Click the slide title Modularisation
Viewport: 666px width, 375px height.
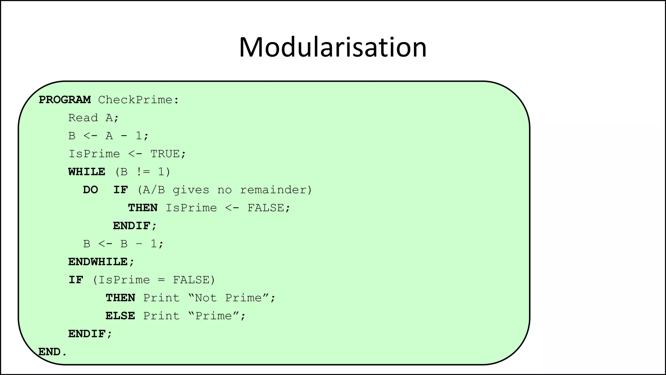coord(332,48)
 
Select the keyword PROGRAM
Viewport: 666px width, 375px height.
coord(65,100)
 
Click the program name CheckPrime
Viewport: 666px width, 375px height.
coord(135,100)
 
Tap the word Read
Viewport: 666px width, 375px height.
coord(83,118)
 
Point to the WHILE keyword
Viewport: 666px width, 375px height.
coord(87,172)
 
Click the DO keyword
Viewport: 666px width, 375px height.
coord(90,190)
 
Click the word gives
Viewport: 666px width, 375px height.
coord(191,190)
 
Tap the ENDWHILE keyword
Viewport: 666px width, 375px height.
coord(98,262)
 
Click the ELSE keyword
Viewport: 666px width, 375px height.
coord(120,316)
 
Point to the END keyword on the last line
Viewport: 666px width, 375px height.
coord(50,352)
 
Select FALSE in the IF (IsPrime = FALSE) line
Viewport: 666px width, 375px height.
coord(191,280)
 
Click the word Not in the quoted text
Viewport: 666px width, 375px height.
coord(206,298)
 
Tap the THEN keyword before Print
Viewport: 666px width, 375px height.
coord(120,298)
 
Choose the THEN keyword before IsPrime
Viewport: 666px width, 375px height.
coord(143,208)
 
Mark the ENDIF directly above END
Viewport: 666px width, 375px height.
coord(87,334)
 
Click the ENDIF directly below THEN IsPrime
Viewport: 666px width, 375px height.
coord(132,226)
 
